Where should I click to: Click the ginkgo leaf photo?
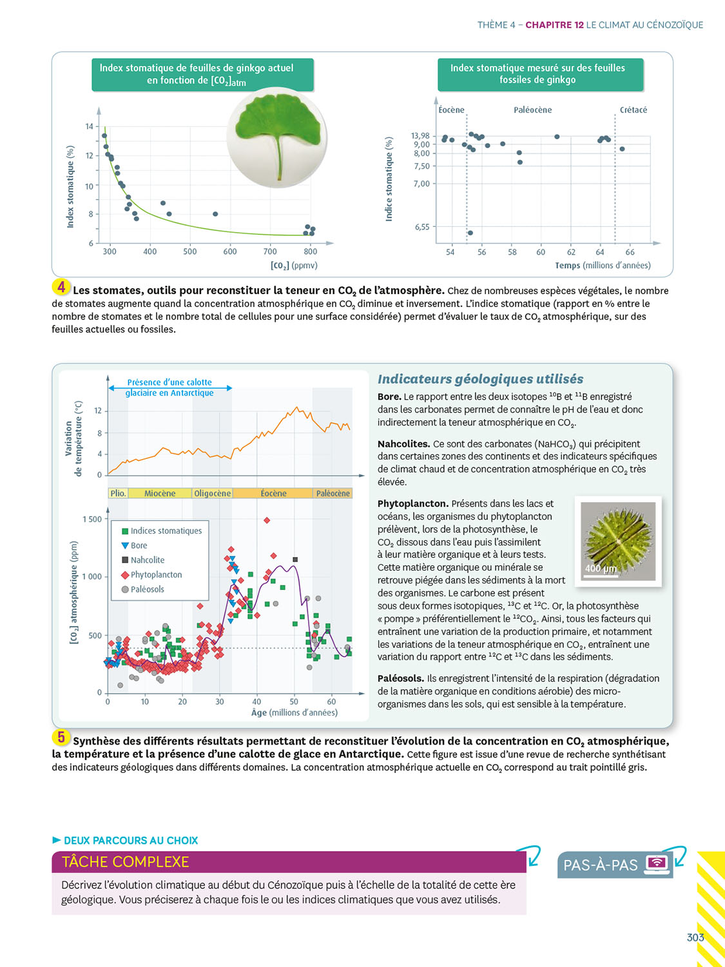pos(277,137)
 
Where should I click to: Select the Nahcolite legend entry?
pos(147,560)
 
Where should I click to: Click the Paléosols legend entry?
pos(147,589)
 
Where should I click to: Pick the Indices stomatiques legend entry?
pos(166,531)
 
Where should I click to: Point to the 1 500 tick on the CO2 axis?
pos(92,519)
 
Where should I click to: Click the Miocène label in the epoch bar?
pos(159,493)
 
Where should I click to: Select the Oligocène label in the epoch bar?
pos(212,493)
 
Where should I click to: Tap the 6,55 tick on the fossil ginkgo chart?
pos(421,227)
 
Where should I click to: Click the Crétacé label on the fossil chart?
pos(633,110)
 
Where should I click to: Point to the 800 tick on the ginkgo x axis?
pos(310,251)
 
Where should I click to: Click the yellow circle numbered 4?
pos(61,288)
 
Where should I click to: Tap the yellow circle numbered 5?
pos(61,737)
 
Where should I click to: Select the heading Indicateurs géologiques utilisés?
pos(480,379)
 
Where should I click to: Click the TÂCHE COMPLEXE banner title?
pos(126,862)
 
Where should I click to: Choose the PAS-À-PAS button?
pos(614,864)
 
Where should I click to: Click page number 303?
pos(695,937)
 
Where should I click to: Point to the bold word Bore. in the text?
pos(389,396)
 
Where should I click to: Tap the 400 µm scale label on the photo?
pos(601,568)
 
